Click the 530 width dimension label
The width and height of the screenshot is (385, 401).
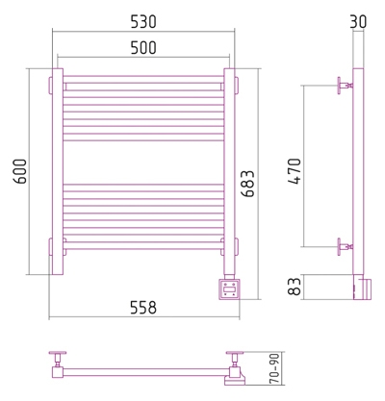[x=143, y=22]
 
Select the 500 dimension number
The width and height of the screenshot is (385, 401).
[x=143, y=48]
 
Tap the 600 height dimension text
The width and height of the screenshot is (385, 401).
[x=21, y=171]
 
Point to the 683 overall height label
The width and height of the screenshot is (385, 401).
[x=247, y=184]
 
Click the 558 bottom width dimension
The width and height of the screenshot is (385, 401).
[x=143, y=308]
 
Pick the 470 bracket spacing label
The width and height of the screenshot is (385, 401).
[x=295, y=171]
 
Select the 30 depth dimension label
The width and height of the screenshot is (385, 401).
[x=358, y=22]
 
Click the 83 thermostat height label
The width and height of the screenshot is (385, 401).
[x=295, y=287]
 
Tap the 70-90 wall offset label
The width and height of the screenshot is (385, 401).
[x=274, y=368]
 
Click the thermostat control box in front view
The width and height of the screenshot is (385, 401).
[x=229, y=289]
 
